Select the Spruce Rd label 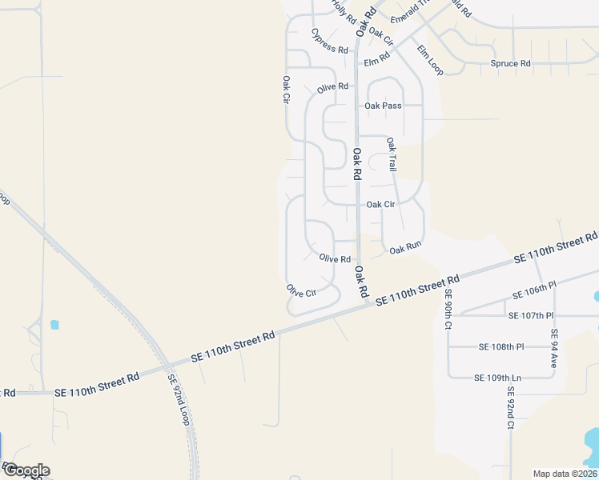[511, 63]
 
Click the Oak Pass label [382, 106]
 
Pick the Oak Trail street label [392, 154]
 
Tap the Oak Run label [405, 250]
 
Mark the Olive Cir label [301, 291]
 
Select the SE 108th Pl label [501, 346]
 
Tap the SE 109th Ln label [497, 378]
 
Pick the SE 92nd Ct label [509, 409]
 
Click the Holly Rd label [344, 12]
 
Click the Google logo [26, 470]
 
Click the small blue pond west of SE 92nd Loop [54, 325]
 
